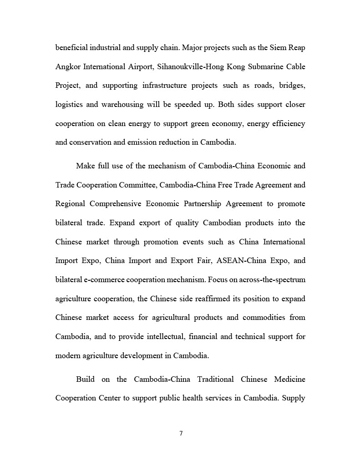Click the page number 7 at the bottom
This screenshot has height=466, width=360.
click(x=181, y=433)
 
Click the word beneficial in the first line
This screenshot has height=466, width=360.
click(x=72, y=48)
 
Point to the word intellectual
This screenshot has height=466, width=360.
click(x=166, y=337)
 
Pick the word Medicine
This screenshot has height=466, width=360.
click(x=290, y=380)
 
